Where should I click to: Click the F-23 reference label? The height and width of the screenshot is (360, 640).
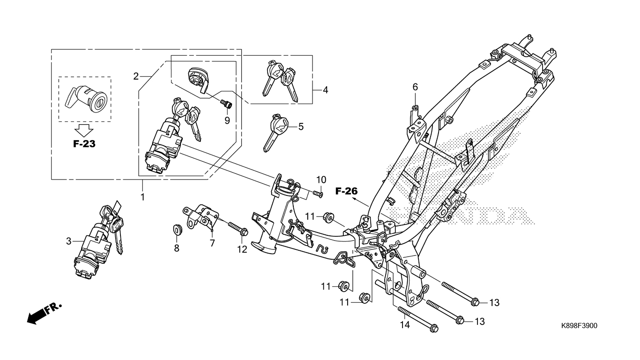(84, 144)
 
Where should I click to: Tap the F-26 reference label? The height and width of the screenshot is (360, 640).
(346, 191)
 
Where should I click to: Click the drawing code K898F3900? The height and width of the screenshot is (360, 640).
(579, 326)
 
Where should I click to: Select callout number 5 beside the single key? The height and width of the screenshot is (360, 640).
(301, 127)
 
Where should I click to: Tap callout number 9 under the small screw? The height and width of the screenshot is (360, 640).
(227, 120)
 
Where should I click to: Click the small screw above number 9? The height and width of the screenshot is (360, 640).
(226, 104)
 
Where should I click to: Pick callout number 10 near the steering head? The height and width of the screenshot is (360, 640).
(321, 180)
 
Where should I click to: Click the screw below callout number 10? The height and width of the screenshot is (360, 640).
(318, 194)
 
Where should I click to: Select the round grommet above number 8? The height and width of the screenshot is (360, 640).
(178, 230)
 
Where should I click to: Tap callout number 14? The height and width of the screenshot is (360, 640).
(405, 325)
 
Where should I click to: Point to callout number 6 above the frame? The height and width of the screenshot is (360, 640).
(415, 87)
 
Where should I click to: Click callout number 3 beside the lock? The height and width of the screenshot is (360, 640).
(68, 241)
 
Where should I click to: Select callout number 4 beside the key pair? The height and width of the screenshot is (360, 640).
(326, 90)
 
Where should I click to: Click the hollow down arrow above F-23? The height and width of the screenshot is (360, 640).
(84, 131)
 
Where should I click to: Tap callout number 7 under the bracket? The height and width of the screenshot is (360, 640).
(212, 243)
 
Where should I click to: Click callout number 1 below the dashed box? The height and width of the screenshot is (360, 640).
(142, 197)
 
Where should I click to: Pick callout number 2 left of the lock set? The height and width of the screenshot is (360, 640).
(136, 76)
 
